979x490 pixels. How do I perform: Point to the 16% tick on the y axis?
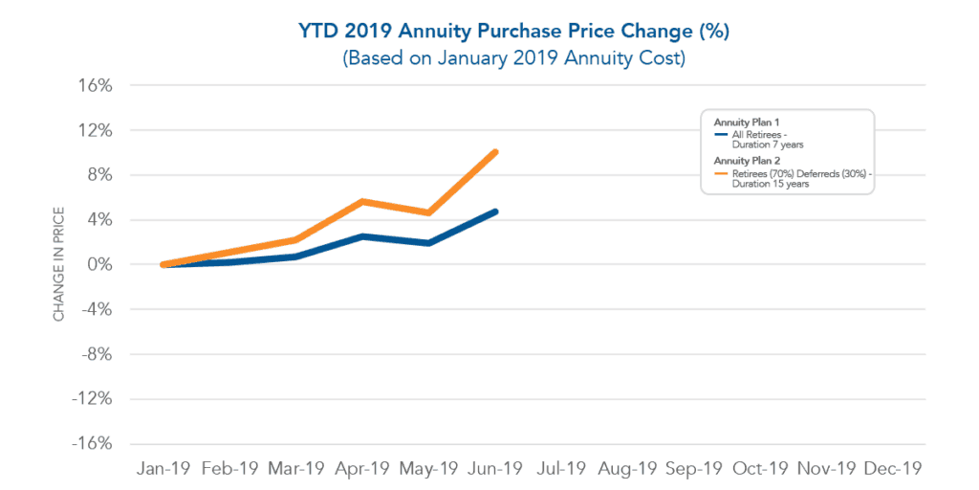point(97,85)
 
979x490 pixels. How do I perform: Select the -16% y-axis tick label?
point(94,444)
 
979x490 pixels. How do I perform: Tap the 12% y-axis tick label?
point(97,130)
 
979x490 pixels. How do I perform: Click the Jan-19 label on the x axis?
point(165,469)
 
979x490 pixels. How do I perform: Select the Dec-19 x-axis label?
point(892,469)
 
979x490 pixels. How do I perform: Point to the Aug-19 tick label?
point(628,469)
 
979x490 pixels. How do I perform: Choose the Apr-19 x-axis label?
point(363,469)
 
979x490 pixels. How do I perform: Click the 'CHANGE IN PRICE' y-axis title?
point(59,264)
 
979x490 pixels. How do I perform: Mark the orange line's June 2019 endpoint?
point(495,151)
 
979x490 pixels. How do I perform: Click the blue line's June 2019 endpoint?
point(495,212)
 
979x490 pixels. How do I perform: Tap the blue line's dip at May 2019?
point(429,243)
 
